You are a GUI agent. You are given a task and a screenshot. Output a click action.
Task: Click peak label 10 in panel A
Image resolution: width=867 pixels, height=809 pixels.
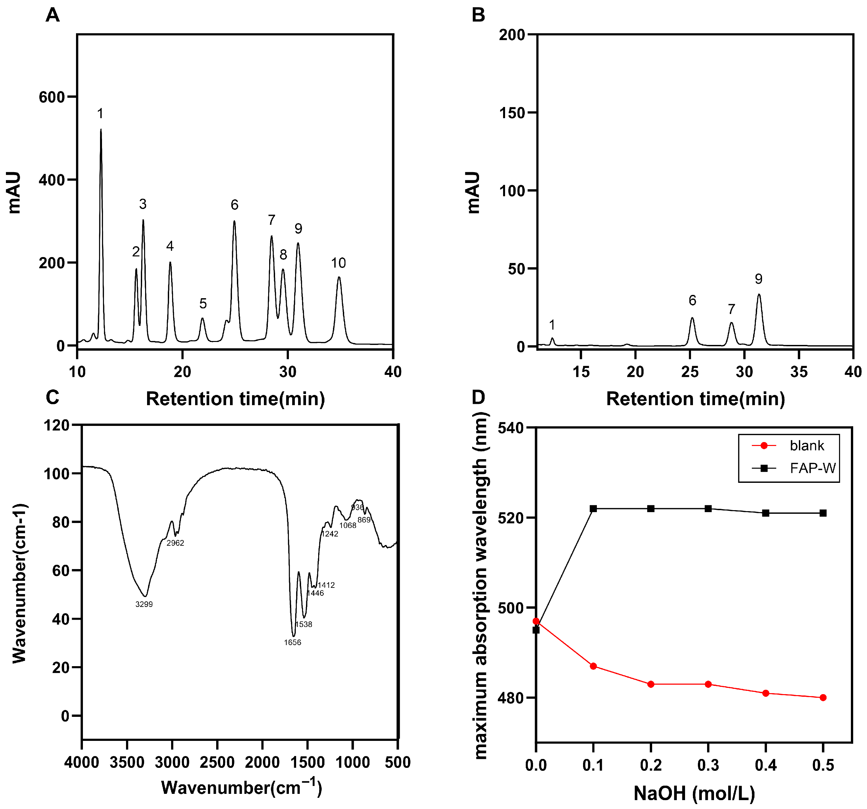point(339,263)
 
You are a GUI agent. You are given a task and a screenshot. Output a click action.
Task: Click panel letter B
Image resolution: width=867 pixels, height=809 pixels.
point(478,15)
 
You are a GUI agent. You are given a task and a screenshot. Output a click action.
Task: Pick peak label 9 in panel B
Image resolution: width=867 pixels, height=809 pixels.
point(758,279)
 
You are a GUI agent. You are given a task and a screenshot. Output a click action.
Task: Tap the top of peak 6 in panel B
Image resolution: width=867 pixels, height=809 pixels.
point(692,318)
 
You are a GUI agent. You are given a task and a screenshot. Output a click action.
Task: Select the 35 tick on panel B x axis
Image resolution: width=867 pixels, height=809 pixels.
point(799,372)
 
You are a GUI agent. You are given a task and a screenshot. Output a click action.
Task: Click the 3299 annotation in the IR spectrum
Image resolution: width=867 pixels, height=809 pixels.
point(144,604)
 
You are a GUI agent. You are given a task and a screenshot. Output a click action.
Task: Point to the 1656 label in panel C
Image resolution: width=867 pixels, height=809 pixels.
point(292,642)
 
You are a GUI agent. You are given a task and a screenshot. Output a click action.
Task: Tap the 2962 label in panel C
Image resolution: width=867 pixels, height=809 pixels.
point(175,543)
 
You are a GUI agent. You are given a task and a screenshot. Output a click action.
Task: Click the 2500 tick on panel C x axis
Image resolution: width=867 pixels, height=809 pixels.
point(217,762)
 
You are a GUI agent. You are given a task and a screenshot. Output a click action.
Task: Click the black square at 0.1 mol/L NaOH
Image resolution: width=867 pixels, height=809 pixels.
point(593,509)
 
